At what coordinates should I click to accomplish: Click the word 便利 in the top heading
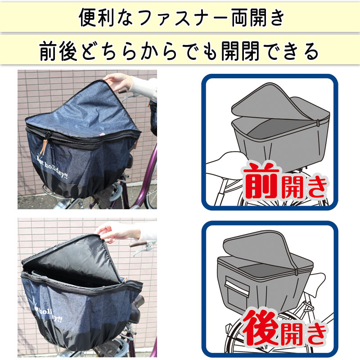tap(96, 18)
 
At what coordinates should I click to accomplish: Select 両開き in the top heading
tap(257, 18)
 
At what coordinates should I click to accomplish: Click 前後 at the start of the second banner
tap(58, 51)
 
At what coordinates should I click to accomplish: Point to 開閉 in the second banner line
tap(240, 51)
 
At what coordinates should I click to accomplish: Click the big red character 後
tap(261, 328)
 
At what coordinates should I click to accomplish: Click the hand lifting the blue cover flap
tap(118, 82)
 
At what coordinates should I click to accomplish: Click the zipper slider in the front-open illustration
tap(318, 123)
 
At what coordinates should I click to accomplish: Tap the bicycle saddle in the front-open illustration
tap(224, 161)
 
